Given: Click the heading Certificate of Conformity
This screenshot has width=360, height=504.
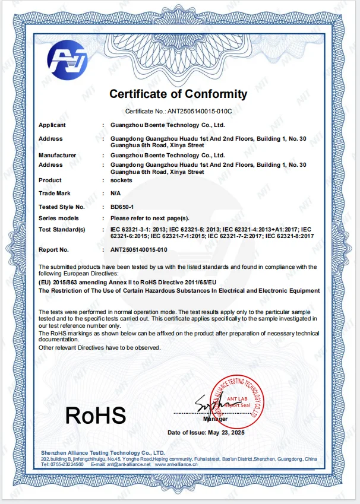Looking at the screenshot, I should click(x=178, y=94).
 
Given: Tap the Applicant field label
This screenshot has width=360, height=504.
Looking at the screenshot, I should click(x=52, y=125).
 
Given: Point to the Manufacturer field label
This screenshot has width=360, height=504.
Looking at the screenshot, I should click(x=58, y=155).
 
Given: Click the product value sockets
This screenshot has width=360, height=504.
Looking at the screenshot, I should click(x=122, y=180).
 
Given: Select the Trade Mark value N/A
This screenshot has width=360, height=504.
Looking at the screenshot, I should click(x=116, y=194).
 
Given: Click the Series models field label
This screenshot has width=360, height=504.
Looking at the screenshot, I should click(x=59, y=218).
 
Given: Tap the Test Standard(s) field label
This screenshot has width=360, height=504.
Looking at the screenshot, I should click(x=62, y=229).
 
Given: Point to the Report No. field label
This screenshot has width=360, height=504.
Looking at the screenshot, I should click(x=54, y=250).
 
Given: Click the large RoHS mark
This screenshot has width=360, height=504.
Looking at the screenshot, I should click(x=95, y=415).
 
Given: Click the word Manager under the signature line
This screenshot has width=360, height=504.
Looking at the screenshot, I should click(x=215, y=419).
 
